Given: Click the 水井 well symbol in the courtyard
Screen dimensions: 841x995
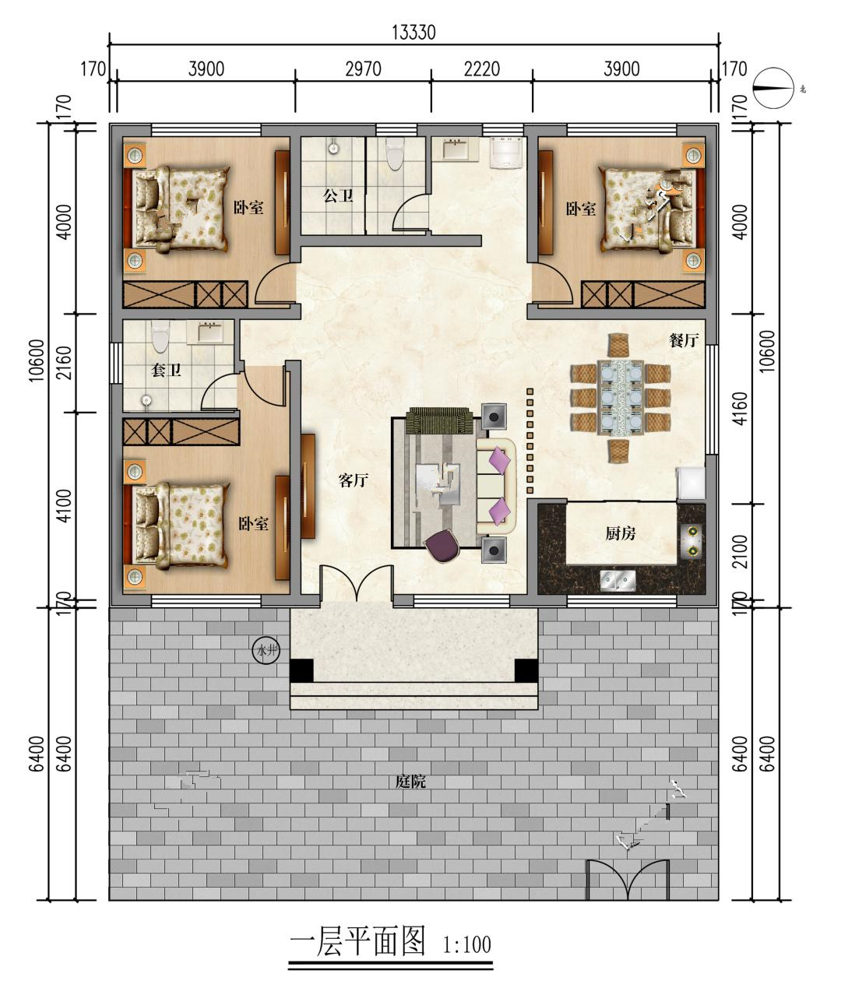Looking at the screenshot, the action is [266, 650].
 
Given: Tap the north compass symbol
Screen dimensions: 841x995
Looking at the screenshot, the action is [774, 88].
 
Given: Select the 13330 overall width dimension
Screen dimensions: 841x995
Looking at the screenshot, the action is [413, 33].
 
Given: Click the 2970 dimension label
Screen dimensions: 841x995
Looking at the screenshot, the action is [364, 69].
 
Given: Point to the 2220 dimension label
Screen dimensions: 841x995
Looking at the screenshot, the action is [481, 69].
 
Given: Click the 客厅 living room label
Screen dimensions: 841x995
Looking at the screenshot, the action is [354, 480].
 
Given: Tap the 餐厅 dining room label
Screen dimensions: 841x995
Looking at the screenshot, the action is [684, 339].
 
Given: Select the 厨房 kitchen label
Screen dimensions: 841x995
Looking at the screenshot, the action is [621, 533].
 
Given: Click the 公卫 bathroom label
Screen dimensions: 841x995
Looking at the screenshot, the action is [338, 195].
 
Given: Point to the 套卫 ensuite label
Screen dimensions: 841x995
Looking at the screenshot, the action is [166, 370].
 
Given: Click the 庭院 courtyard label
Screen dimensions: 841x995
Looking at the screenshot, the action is [410, 782].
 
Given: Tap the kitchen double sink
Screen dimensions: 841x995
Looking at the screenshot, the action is [618, 580].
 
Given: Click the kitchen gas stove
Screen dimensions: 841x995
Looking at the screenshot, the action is [692, 541].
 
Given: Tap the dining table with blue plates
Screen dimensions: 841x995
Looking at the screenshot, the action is [621, 398].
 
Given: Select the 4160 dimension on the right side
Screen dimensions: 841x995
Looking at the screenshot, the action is [740, 409].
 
